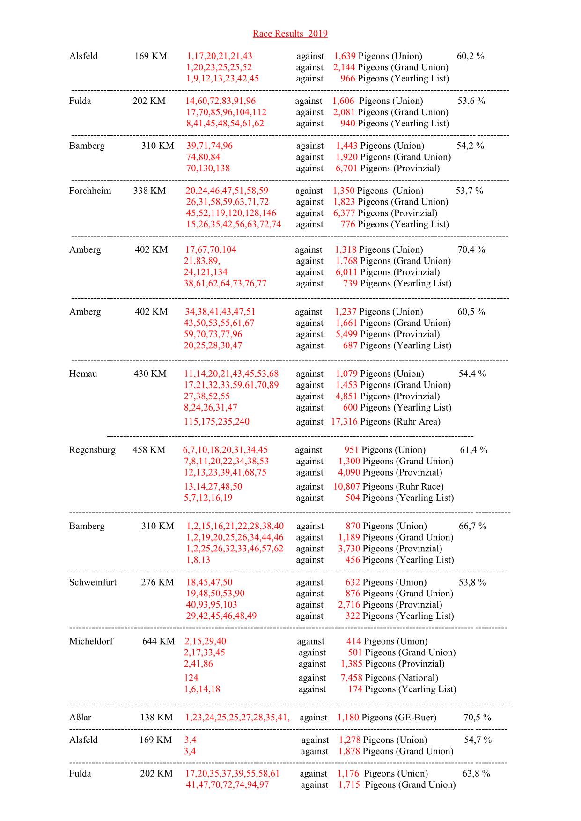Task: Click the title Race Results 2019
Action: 290,34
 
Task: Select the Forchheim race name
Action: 90,191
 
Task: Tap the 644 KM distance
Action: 158,641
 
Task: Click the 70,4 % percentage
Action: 471,250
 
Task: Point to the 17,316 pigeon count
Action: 344,422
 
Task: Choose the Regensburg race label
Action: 92,450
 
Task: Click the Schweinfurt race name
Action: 93,582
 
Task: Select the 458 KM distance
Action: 149,450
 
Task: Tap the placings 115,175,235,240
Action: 216,422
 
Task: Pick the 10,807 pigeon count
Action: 346,487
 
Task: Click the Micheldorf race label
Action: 91,641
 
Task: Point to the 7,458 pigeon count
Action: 351,678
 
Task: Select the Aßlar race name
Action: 80,718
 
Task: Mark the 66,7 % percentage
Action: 472,526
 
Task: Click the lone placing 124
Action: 191,678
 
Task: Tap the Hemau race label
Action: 83,374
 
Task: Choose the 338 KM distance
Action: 149,191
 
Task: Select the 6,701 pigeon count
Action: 346,169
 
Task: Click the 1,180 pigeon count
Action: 348,718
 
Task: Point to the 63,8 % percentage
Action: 476,774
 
